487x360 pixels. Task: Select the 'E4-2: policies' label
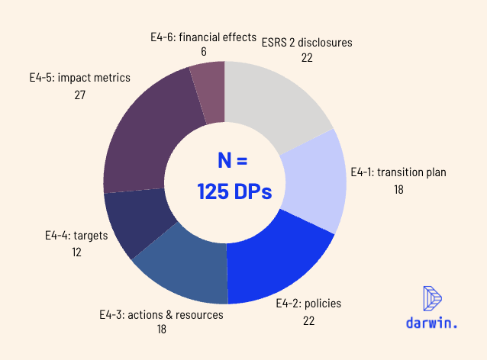(x=308, y=304)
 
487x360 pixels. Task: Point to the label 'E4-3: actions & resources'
(x=161, y=314)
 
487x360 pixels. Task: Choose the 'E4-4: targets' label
(x=76, y=235)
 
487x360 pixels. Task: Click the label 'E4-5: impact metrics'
(x=80, y=77)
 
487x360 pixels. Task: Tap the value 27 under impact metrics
(x=80, y=95)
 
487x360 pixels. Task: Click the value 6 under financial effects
(x=202, y=52)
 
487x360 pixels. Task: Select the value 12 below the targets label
(x=76, y=251)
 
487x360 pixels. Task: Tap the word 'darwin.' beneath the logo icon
(x=432, y=323)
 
